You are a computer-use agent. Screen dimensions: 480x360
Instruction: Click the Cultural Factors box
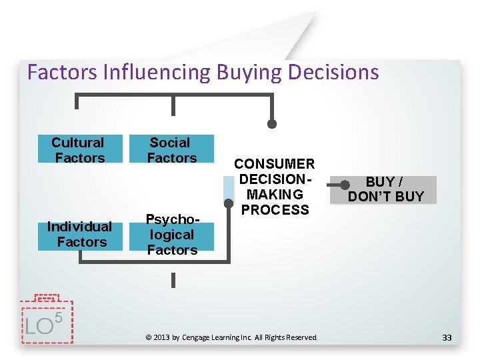79,149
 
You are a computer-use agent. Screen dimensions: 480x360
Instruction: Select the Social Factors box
172,149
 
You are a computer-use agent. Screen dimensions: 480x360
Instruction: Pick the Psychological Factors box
172,235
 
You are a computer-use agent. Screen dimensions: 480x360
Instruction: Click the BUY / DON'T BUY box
386,189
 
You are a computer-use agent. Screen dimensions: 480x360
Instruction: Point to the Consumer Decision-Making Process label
275,187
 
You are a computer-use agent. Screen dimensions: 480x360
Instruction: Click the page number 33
447,338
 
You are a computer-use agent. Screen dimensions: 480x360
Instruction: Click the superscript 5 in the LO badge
58,317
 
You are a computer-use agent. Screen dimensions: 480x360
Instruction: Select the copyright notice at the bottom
231,338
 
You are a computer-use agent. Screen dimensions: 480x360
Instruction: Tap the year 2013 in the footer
162,338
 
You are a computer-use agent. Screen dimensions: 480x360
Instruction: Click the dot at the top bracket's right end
272,123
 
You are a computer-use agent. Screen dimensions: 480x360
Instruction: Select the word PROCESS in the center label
275,210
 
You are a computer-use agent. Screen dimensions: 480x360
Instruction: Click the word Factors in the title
63,72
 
